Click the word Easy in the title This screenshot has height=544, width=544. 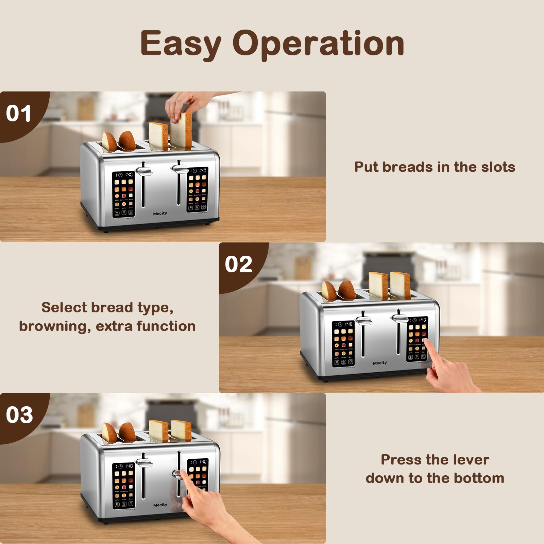pyautogui.click(x=181, y=44)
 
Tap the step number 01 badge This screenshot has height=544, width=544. pyautogui.click(x=19, y=113)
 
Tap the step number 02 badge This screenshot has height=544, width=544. pyautogui.click(x=238, y=264)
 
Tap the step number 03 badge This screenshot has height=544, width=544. pyautogui.click(x=19, y=415)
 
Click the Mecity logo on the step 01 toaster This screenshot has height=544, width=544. pyautogui.click(x=160, y=214)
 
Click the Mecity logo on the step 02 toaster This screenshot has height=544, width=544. pyautogui.click(x=380, y=363)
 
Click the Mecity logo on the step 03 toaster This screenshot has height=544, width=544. pyautogui.click(x=160, y=505)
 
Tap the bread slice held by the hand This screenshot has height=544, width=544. pyautogui.click(x=182, y=131)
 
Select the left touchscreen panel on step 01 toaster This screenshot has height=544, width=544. pyautogui.click(x=123, y=194)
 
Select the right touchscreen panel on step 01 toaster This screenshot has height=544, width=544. pyautogui.click(x=197, y=189)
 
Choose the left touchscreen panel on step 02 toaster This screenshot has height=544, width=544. pyautogui.click(x=343, y=344)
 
